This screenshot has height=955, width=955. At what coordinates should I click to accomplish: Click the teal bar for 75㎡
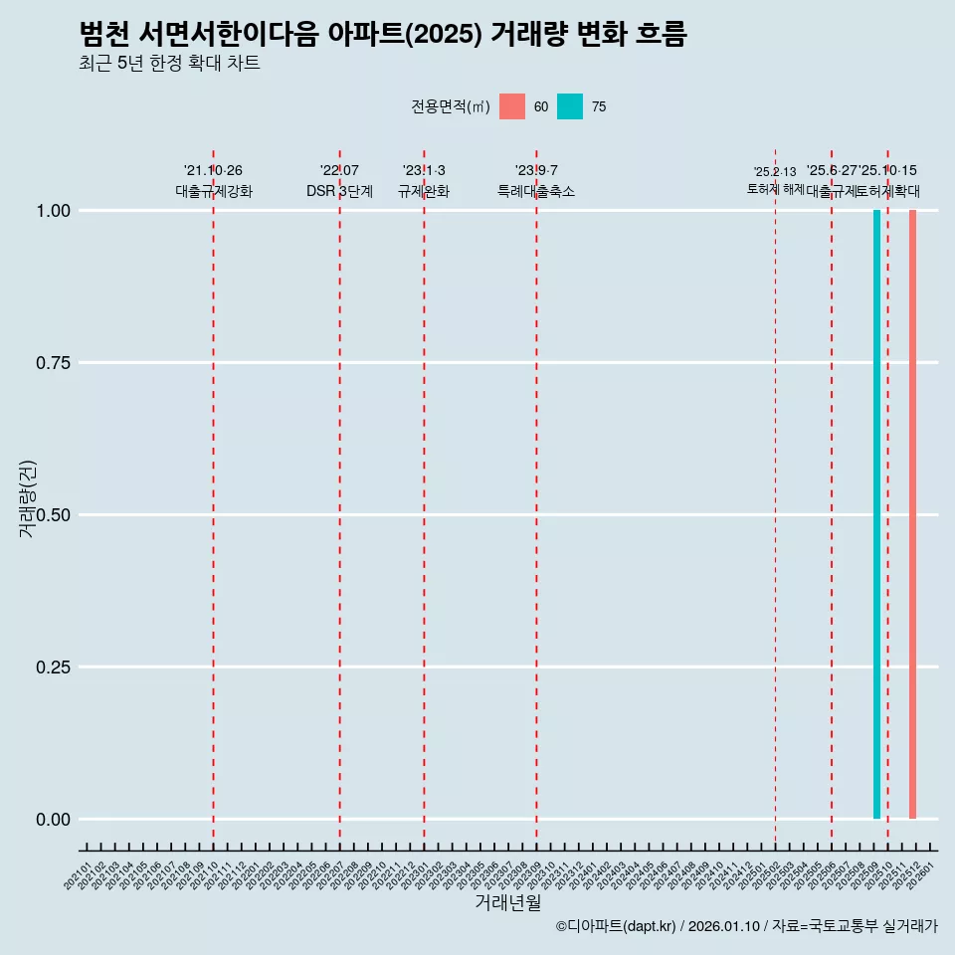coord(876,514)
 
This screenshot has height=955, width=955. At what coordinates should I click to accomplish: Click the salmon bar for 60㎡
coord(912,514)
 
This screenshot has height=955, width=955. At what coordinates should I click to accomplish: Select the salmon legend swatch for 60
coord(512,106)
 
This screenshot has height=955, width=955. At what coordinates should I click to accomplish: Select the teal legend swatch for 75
coord(570,106)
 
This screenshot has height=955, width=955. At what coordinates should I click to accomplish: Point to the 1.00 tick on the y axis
coord(53,211)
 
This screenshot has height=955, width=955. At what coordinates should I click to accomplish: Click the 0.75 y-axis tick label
coord(53,363)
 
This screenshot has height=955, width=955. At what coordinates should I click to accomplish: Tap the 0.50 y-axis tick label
coord(53,515)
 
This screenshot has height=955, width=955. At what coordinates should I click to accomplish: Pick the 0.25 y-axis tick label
coord(53,668)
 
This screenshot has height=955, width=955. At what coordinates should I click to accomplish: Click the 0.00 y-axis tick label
coord(53,820)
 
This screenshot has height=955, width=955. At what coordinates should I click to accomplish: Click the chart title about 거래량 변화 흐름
coord(383,34)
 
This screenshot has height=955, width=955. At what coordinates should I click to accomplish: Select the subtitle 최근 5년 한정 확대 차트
coord(169,64)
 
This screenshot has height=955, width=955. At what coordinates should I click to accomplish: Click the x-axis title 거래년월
coord(508,903)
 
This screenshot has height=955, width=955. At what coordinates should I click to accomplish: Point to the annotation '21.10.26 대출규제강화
coord(213,181)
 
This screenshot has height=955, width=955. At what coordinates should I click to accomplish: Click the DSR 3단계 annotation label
coord(339,191)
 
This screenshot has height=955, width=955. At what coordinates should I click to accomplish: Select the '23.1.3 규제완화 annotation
coord(424,181)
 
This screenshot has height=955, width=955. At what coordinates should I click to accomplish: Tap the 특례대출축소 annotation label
coord(536,191)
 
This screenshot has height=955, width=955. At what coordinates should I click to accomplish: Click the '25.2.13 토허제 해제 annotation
coord(775,180)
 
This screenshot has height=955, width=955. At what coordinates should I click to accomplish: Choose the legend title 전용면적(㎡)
coord(451,106)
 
